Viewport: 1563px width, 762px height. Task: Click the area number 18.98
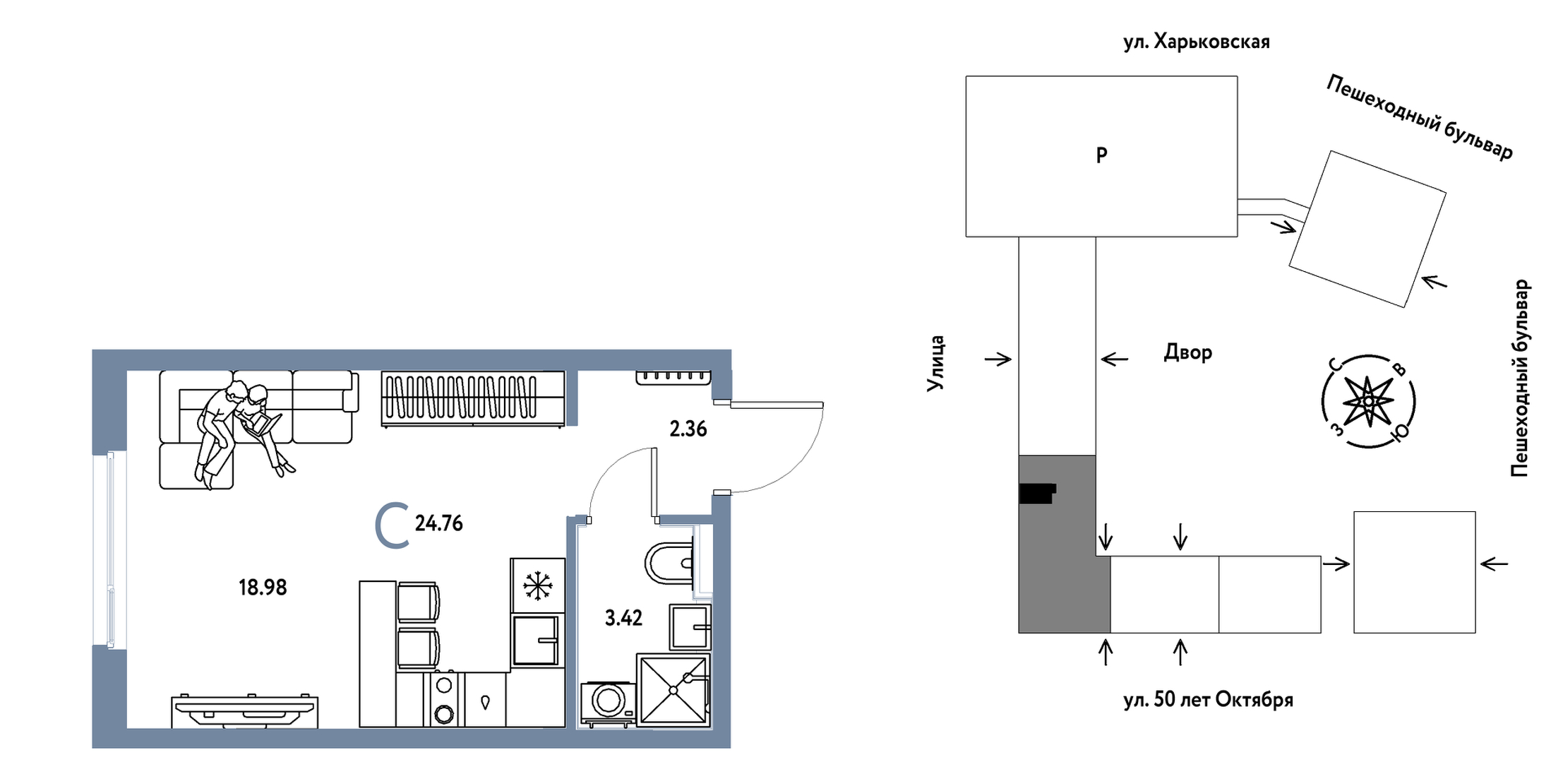coord(263,588)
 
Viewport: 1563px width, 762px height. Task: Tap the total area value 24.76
coord(438,523)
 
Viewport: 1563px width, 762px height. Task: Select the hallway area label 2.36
coord(688,429)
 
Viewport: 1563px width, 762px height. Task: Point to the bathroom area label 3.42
coord(623,618)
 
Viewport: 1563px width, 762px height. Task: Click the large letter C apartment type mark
coord(392,525)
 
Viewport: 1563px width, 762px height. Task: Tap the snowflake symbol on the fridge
coord(537,586)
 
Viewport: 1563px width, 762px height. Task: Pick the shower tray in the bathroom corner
coord(673,690)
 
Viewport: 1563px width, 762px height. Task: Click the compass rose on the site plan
coord(1368,401)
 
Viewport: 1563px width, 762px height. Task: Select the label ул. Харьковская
coord(1196,42)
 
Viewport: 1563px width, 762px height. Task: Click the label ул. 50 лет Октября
coord(1208,700)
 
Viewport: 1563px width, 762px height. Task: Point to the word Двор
coord(1187,352)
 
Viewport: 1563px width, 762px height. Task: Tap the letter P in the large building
coord(1101,155)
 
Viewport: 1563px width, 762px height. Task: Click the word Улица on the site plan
coord(935,363)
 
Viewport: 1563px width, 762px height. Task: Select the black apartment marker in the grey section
coord(1037,492)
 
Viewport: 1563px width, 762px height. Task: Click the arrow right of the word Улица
coord(998,359)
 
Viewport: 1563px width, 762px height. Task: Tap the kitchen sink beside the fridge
coord(537,640)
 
